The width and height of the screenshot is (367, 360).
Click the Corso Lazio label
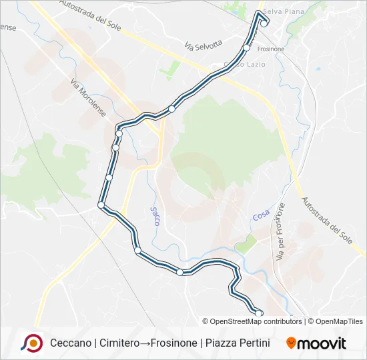pyautogui.click(x=230, y=64)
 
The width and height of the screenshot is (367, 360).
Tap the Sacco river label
pyautogui.click(x=155, y=217)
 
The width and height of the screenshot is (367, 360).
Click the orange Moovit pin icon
pyautogui.click(x=291, y=343)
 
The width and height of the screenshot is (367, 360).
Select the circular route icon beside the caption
pyautogui.click(x=31, y=343)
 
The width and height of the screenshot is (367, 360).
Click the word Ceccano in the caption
pyautogui.click(x=71, y=343)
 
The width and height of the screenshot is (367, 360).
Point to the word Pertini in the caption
pyautogui.click(x=252, y=343)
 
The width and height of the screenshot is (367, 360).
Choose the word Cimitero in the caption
pyautogui.click(x=120, y=343)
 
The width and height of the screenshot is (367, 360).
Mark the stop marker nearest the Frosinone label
pyautogui.click(x=247, y=48)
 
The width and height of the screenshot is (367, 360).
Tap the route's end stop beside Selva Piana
pyautogui.click(x=264, y=23)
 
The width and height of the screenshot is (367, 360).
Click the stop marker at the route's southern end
pyautogui.click(x=259, y=313)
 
